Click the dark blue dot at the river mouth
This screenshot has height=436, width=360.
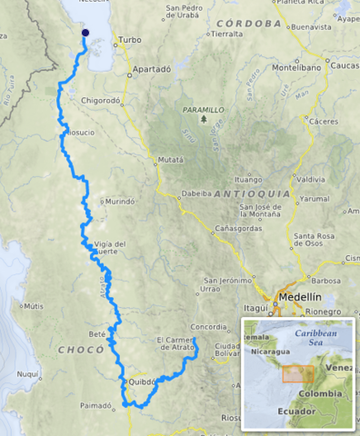click(85, 33)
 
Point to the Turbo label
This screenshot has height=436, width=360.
click(130, 41)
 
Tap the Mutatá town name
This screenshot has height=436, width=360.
click(170, 159)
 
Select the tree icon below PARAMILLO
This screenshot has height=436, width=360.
click(205, 119)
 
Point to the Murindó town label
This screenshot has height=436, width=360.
click(121, 202)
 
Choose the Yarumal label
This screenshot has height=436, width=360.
click(315, 198)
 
